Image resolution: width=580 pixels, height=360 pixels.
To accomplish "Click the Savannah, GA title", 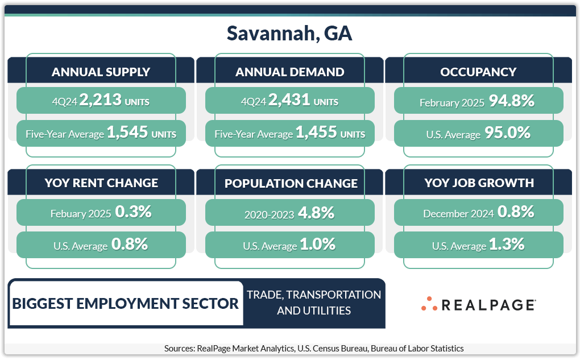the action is coord(289,34).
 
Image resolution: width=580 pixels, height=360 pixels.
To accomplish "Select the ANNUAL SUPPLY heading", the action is coord(101,72).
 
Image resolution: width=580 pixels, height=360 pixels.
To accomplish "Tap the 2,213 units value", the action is coord(100,100).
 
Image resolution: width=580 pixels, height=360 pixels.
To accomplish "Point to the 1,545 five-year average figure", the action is coord(127,132).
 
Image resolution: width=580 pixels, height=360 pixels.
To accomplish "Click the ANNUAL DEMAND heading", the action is coord(289,72).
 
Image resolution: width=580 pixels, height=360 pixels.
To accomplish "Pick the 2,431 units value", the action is coord(289,100).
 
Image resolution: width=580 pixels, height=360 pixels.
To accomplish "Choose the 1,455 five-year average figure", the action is coord(316,132).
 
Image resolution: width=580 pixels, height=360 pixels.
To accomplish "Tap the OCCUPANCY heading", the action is coord(478,72).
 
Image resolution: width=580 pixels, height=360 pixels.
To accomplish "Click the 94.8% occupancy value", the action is coord(512,101).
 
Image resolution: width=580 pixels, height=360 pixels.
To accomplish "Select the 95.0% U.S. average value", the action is coord(507,133).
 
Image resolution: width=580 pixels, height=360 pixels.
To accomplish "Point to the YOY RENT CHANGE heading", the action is coord(101,183).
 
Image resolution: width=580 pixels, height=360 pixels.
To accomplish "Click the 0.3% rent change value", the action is coord(133,212).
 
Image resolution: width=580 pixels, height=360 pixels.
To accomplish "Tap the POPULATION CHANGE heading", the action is coord(291,184).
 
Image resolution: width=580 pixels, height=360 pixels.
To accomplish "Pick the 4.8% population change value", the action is coord(316,213).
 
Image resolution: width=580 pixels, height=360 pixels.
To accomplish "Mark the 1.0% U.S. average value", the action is coord(317,245).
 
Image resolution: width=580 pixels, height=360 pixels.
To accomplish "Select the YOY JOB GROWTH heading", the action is coord(479,183).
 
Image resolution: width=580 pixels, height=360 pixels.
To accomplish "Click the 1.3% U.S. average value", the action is coord(507,245).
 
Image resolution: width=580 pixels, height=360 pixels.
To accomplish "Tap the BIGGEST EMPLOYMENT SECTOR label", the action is coord(126,304).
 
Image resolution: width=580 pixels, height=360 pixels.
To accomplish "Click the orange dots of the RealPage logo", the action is coord(429,304).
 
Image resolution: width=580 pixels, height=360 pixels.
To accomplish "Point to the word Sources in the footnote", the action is coord(179,349).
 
